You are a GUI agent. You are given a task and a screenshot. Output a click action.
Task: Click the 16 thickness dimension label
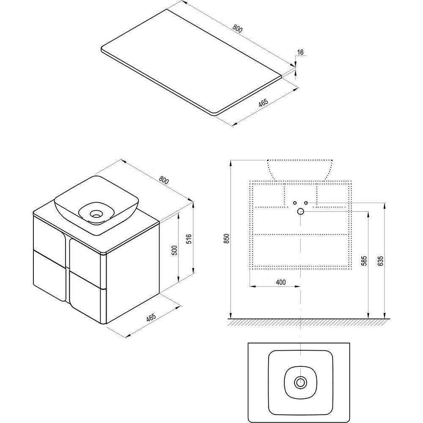[300, 52]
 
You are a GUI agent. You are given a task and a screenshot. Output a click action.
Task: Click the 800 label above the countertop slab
[237, 29]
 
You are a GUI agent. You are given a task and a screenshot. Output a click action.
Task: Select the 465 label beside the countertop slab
[263, 103]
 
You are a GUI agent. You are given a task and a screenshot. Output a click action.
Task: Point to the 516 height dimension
[189, 239]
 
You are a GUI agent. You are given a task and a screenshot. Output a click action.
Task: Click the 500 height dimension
[175, 250]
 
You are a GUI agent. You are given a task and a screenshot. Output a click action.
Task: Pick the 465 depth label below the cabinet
[151, 318]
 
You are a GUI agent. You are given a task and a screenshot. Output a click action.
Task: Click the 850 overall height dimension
[227, 239]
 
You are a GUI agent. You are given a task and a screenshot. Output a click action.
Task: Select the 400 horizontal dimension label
[281, 282]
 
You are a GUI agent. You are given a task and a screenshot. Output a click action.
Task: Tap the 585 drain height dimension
[364, 261]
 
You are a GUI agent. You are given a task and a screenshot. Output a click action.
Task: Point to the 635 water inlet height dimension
[380, 261]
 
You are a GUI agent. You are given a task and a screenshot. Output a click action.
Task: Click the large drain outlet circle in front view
[301, 211]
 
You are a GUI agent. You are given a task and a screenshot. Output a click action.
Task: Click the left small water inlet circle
[295, 203]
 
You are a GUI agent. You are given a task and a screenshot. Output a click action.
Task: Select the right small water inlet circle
[306, 203]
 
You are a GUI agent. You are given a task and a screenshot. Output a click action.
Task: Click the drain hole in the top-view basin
[300, 382]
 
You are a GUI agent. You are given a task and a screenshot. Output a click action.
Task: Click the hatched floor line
[309, 322]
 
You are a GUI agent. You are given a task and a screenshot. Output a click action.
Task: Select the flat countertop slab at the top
[192, 63]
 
